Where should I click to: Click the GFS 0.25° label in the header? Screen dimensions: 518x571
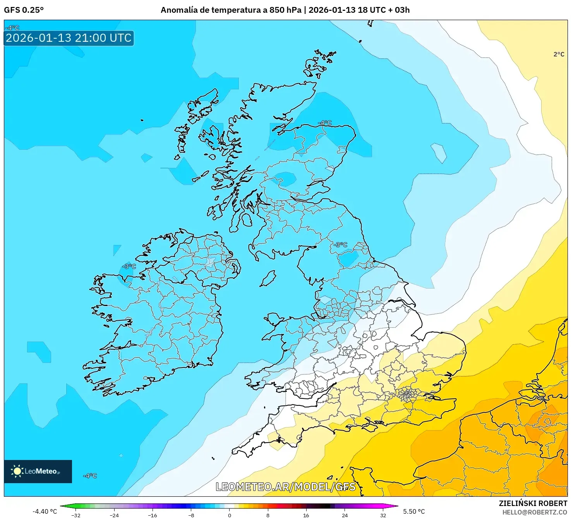24,10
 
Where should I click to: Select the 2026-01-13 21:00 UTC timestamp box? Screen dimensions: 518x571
69,38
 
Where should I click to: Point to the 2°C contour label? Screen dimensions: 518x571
559,55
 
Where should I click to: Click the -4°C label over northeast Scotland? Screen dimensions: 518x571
325,123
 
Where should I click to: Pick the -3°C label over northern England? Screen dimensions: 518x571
341,245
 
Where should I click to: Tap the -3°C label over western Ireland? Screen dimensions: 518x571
129,267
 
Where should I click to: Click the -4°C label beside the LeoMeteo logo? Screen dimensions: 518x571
90,475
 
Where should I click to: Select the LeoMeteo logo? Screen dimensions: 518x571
38,471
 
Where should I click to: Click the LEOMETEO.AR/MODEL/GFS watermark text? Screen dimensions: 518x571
285,487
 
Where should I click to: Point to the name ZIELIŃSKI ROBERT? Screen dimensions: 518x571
533,503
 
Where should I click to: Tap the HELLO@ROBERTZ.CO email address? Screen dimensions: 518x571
534,512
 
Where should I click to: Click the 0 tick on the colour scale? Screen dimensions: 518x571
229,515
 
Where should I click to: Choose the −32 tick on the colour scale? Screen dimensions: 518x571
76,515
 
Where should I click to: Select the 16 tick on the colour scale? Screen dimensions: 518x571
306,515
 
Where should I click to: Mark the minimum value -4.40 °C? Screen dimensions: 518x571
45,511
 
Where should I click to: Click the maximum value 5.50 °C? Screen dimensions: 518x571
414,511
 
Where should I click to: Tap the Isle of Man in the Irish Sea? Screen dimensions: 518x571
268,279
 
